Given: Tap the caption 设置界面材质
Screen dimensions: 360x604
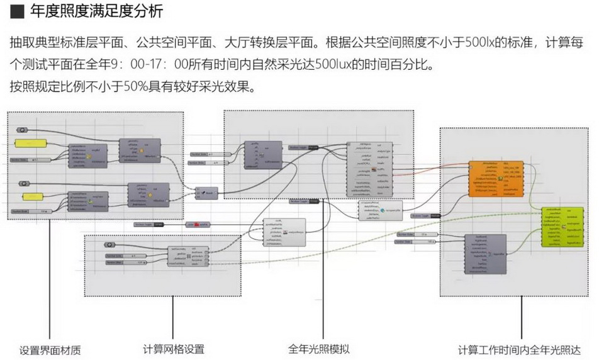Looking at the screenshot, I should pos(50,350).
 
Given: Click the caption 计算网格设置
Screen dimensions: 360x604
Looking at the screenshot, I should pos(174,349).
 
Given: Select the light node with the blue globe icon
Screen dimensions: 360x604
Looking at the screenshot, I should pos(380,211).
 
